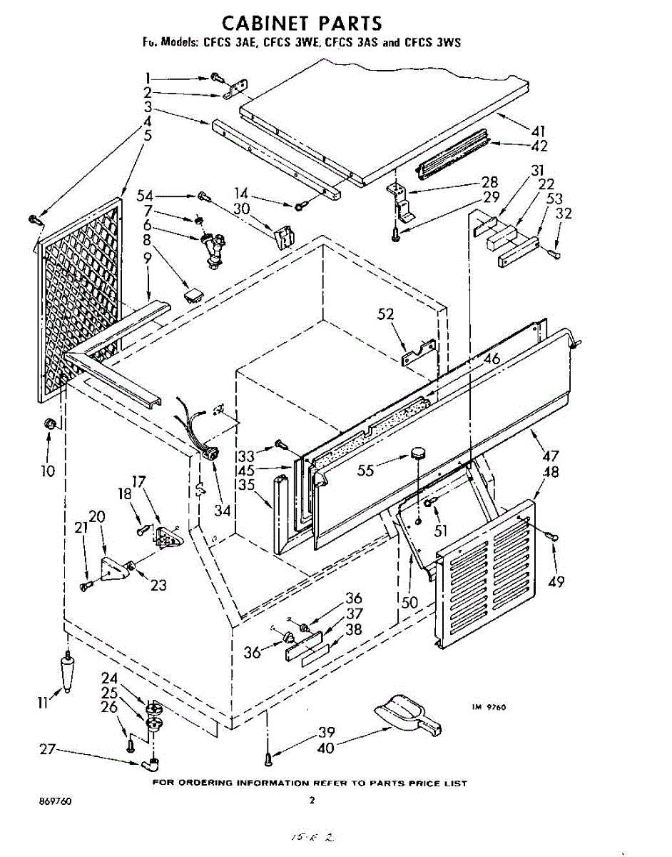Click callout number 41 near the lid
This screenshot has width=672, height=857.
(x=539, y=131)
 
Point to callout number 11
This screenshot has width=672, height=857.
(x=44, y=703)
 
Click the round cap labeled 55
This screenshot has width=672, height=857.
(x=418, y=453)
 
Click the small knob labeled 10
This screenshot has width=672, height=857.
(x=49, y=424)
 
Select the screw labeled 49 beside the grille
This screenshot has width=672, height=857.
(x=551, y=536)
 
